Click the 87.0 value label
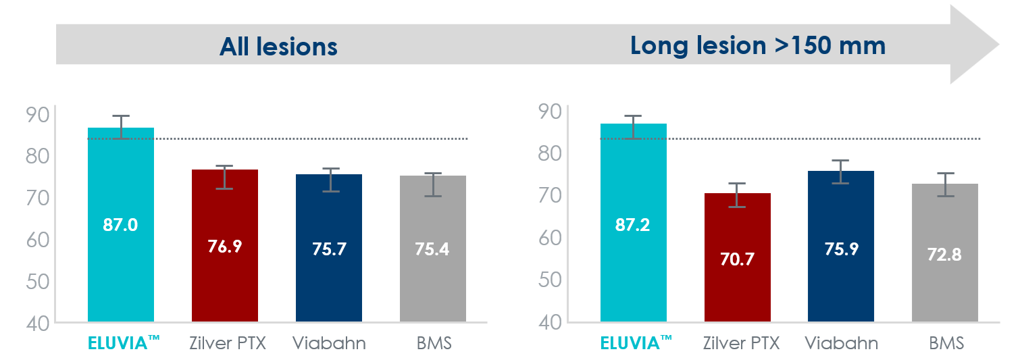[x=120, y=225]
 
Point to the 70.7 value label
[x=737, y=259]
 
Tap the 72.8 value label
[x=945, y=255]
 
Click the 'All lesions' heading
[x=278, y=47]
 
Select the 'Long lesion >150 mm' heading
[x=757, y=45]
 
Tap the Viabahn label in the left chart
[x=329, y=343]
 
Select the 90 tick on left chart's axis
[x=37, y=115]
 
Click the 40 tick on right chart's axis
[x=550, y=322]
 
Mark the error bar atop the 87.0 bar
[x=121, y=127]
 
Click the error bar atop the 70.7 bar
[x=737, y=195]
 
